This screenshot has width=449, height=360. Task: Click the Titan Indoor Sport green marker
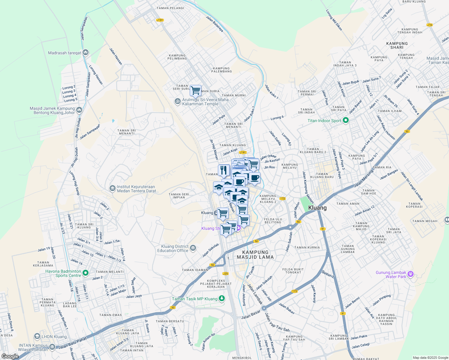point(345,121)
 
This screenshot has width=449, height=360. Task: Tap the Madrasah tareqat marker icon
point(86,53)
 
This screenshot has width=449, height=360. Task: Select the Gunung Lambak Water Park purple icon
point(411,274)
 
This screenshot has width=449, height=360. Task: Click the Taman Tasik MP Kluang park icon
point(222,298)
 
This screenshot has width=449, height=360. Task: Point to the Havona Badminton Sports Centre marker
point(86,273)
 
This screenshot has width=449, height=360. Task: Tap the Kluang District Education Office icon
point(193,248)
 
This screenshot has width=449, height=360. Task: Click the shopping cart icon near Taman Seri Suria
point(195,90)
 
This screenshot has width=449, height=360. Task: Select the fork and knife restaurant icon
point(224,171)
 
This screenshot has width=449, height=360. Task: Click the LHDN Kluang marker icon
point(37,336)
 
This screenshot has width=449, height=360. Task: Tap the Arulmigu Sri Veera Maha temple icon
point(177,101)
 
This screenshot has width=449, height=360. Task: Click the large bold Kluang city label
point(317,208)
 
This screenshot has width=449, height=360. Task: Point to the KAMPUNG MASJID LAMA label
point(255,254)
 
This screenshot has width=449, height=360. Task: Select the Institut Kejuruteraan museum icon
point(112,188)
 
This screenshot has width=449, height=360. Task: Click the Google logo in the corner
point(10,356)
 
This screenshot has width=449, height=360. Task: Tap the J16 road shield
point(429,25)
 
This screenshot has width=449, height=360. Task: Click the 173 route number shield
point(294,291)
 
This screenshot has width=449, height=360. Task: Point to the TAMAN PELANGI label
point(170,8)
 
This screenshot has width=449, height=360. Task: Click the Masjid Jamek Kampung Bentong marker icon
point(79,110)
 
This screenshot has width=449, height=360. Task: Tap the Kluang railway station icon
point(216,213)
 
